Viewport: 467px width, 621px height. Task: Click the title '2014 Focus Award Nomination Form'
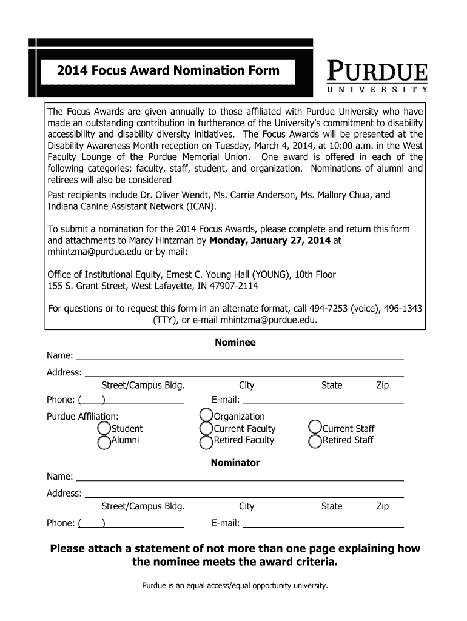[169, 70]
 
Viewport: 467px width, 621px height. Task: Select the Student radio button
[104, 429]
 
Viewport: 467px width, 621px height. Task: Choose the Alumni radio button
[104, 441]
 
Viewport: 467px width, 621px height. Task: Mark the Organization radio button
[206, 417]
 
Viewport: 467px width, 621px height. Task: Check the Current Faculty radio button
[206, 429]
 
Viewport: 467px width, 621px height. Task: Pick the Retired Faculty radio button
[206, 441]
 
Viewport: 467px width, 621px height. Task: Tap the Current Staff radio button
[315, 429]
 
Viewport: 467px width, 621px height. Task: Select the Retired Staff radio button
[315, 441]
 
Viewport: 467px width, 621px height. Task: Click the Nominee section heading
[235, 343]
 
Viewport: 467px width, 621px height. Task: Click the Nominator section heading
[235, 463]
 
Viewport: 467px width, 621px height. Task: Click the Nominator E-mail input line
[323, 523]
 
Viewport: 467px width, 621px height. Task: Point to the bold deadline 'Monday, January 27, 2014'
[270, 241]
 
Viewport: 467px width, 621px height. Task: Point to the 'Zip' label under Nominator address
[382, 506]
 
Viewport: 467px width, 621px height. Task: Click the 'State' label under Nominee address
[332, 386]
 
